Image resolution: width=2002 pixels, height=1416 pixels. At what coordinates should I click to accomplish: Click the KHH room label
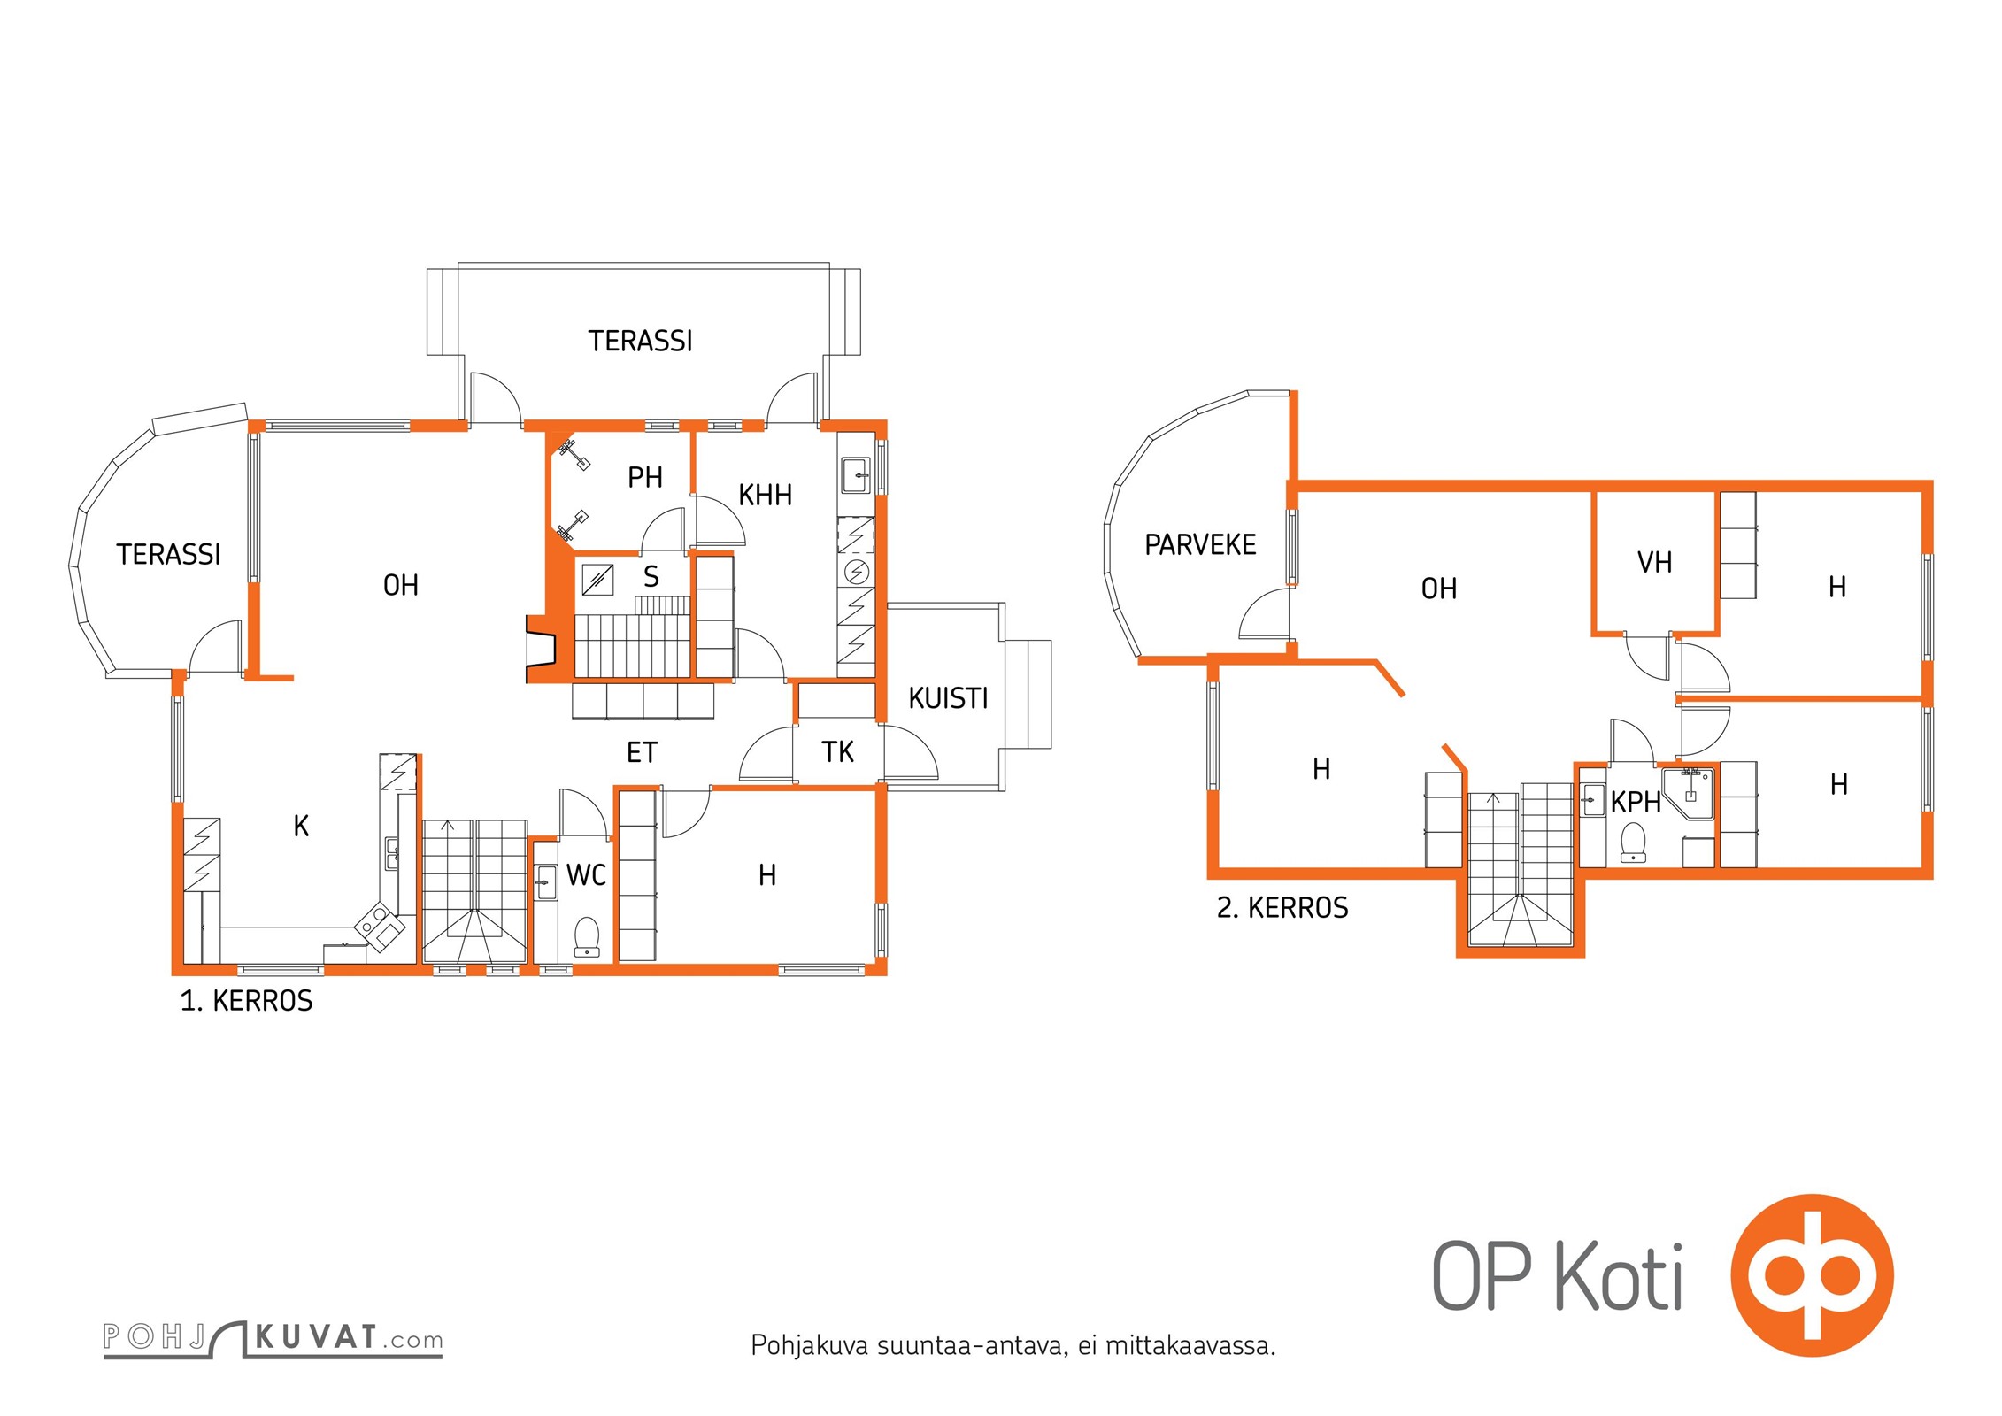tap(766, 495)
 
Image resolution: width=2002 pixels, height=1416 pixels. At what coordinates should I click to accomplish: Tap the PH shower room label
tap(645, 478)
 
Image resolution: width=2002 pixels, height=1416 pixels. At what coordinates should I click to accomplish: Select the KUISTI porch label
tap(948, 698)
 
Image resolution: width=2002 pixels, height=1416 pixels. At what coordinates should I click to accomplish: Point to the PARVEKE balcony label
tap(1200, 544)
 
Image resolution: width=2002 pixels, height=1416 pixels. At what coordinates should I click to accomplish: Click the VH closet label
tap(1654, 562)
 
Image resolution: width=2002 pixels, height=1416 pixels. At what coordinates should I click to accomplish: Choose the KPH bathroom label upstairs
tap(1636, 802)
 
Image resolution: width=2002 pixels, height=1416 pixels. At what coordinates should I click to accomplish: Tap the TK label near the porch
tap(837, 752)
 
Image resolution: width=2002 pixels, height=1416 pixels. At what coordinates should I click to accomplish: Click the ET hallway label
tap(642, 753)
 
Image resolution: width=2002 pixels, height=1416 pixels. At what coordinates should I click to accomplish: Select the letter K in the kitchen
tap(301, 827)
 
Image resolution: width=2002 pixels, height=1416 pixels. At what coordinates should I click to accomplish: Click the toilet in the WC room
tap(587, 936)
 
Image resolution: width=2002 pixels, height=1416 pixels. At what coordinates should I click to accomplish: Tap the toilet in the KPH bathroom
tap(1632, 842)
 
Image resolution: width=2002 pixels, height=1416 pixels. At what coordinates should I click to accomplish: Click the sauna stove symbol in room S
tap(597, 580)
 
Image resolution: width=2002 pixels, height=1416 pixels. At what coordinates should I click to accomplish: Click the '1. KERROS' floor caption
tap(246, 1001)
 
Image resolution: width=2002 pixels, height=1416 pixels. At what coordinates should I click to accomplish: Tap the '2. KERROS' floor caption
tap(1282, 908)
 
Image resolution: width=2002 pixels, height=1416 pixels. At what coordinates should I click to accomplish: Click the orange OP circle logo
tap(1812, 1275)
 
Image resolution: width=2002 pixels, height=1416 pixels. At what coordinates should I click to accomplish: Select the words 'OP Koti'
tap(1557, 1276)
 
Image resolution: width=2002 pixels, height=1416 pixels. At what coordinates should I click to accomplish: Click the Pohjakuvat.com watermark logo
tap(273, 1337)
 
